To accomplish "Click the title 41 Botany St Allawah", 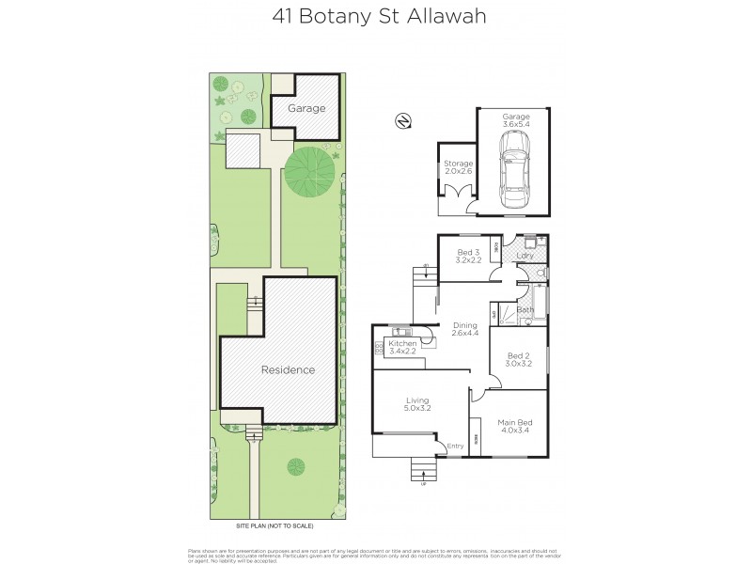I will click(376, 17).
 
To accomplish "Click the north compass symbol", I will click(401, 120).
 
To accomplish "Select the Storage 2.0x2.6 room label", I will click(458, 168).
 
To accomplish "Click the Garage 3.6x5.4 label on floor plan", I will click(514, 120).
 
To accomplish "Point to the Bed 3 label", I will click(469, 256).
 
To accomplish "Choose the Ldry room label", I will click(525, 256).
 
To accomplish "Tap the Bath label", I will click(525, 309).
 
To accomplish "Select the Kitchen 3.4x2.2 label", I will click(402, 349).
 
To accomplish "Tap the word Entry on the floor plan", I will click(456, 446).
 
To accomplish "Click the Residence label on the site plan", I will click(288, 369).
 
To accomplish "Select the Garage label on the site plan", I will click(306, 108).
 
